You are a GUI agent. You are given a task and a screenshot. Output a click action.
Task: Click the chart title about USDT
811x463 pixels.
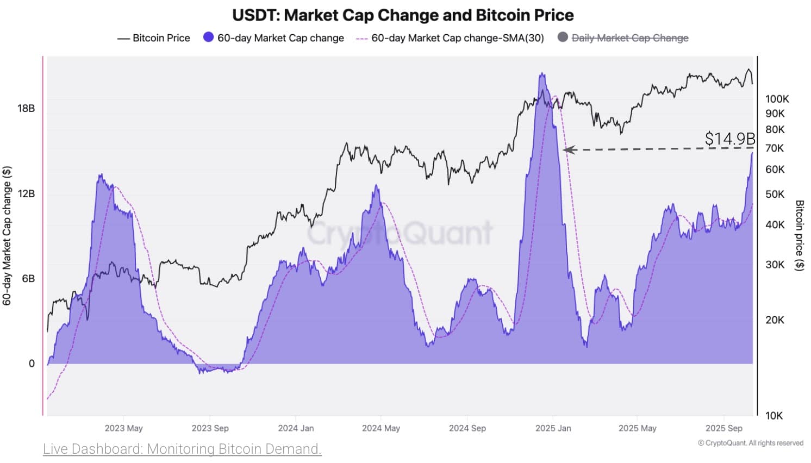(x=403, y=15)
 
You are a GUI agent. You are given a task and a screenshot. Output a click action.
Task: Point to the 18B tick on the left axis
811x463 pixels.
(x=26, y=108)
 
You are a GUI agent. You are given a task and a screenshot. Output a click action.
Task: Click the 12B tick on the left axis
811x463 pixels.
(x=26, y=193)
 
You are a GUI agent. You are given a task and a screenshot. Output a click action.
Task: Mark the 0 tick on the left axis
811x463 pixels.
(x=32, y=364)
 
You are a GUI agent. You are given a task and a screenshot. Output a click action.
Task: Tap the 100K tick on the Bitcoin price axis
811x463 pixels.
(x=777, y=99)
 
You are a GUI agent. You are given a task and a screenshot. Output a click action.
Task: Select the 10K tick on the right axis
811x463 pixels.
(x=774, y=416)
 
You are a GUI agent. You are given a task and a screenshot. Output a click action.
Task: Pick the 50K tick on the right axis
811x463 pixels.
(x=775, y=194)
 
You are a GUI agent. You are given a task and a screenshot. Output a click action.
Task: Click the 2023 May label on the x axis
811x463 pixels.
(x=123, y=428)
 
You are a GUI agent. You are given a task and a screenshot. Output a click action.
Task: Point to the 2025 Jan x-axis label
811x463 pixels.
(x=553, y=428)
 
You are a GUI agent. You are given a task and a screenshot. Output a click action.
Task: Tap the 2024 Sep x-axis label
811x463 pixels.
(x=467, y=428)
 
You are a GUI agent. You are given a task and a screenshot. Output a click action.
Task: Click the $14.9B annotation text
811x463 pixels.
(x=729, y=139)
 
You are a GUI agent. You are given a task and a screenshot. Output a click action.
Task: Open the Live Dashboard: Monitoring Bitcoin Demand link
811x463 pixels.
(x=182, y=449)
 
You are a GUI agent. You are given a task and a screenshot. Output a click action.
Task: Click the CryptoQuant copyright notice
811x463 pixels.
(x=750, y=443)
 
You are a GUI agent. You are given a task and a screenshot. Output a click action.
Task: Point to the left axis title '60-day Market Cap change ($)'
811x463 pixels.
(x=7, y=236)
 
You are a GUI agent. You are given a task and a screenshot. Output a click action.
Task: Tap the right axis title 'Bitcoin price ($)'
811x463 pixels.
(x=799, y=235)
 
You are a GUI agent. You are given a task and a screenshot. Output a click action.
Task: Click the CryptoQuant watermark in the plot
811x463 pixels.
(x=400, y=233)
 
